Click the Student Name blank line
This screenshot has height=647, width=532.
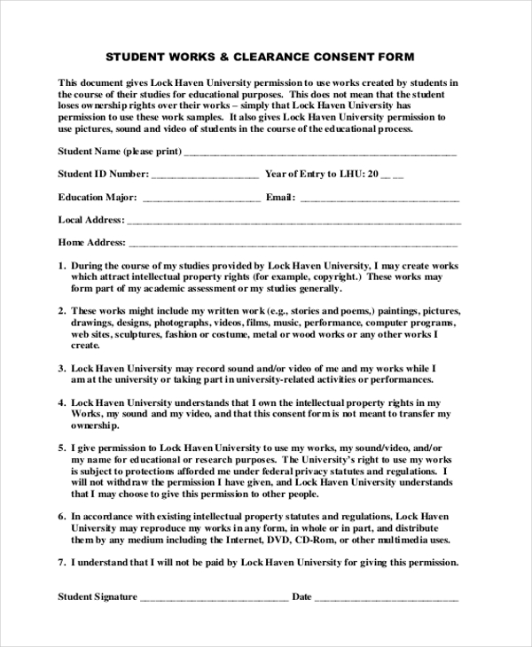pyautogui.click(x=320, y=152)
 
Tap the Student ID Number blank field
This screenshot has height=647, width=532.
pyautogui.click(x=207, y=175)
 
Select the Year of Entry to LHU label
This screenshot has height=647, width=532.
pyautogui.click(x=315, y=174)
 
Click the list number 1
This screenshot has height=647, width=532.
pyautogui.click(x=62, y=265)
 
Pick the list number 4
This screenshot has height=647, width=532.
pyautogui.click(x=62, y=401)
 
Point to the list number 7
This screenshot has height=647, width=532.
pyautogui.click(x=62, y=562)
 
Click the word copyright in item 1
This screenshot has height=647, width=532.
pyautogui.click(x=336, y=277)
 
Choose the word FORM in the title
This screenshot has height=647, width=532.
pyautogui.click(x=395, y=58)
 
